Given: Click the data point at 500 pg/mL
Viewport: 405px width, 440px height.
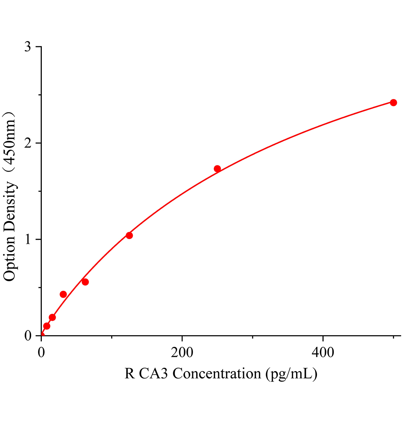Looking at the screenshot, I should point(393,103).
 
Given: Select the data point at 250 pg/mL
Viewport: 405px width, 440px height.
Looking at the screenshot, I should point(217,169).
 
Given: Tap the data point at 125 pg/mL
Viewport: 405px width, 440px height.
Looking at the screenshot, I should point(129,235).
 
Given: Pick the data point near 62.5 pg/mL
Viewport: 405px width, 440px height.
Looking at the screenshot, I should point(85,282).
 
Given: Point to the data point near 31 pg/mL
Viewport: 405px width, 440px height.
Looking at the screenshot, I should point(63,294).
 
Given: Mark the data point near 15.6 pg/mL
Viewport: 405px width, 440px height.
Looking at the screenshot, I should point(52,318).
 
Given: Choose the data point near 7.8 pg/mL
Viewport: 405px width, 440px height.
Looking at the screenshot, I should point(47,326).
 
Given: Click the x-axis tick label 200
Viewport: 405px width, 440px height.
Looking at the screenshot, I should point(182,352).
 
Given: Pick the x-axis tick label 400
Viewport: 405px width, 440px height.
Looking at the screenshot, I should point(323,352).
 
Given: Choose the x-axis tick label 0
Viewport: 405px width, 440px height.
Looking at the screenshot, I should point(41,352).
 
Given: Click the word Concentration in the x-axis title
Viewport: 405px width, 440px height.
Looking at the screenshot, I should point(216,374).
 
